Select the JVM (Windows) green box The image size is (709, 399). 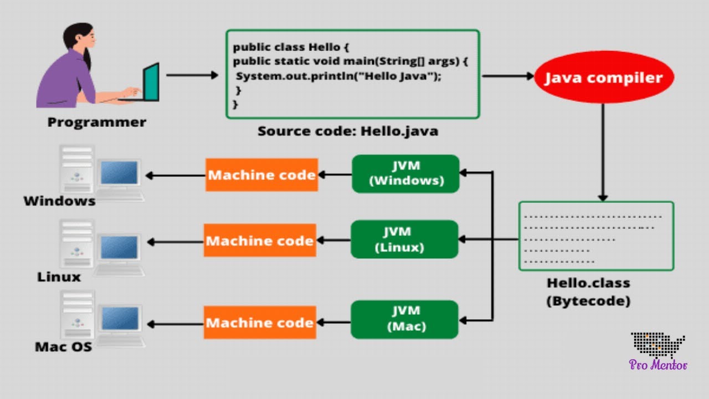[x=405, y=173]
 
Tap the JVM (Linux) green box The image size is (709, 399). [x=404, y=239]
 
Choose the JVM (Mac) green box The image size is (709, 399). [x=404, y=319]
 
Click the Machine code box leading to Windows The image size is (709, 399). [x=261, y=175]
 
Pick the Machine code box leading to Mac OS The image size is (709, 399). [x=260, y=323]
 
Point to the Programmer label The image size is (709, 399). [x=97, y=122]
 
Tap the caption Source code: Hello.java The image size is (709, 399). [x=348, y=132]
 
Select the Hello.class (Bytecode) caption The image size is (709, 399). [x=588, y=291]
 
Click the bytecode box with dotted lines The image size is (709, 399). [x=596, y=236]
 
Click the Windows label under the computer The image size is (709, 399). [x=59, y=201]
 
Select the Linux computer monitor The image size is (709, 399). [x=119, y=248]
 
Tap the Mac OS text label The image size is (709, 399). [x=63, y=347]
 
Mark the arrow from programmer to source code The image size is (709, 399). [x=192, y=75]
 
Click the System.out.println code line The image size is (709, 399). [x=338, y=76]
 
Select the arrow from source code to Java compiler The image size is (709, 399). [x=507, y=76]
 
